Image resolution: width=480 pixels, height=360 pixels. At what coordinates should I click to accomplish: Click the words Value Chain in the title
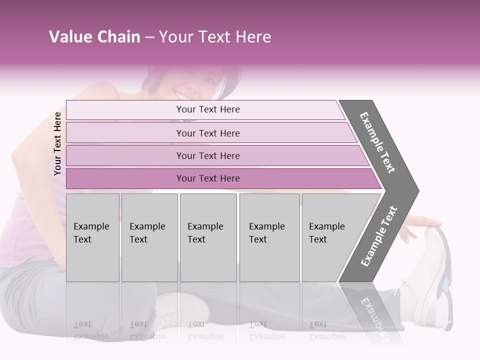point(94,37)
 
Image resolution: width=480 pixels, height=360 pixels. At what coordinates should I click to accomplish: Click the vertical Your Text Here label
point(57,143)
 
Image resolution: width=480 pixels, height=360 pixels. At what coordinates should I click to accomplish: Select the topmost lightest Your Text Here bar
point(207,109)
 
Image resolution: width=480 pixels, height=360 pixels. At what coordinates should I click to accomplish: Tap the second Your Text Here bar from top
point(207,133)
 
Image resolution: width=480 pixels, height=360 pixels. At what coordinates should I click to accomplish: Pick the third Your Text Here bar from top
point(207,155)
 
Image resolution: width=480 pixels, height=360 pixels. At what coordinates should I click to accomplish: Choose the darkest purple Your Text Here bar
point(207,178)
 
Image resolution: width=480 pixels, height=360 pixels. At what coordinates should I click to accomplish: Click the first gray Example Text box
point(92,237)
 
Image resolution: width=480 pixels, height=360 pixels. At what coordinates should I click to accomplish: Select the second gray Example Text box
point(149,237)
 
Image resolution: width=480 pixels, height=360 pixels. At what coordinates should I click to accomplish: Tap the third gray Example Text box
point(208,237)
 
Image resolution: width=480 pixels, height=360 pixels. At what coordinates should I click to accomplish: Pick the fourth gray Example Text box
point(269,237)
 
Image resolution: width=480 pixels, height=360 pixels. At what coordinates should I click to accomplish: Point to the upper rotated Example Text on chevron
point(377,142)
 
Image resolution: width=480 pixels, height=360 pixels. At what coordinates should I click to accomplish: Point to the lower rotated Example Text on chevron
point(379,236)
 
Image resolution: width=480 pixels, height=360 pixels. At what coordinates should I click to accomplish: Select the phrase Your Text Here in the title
point(215,37)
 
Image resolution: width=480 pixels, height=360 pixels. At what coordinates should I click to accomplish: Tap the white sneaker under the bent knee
point(182,307)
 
